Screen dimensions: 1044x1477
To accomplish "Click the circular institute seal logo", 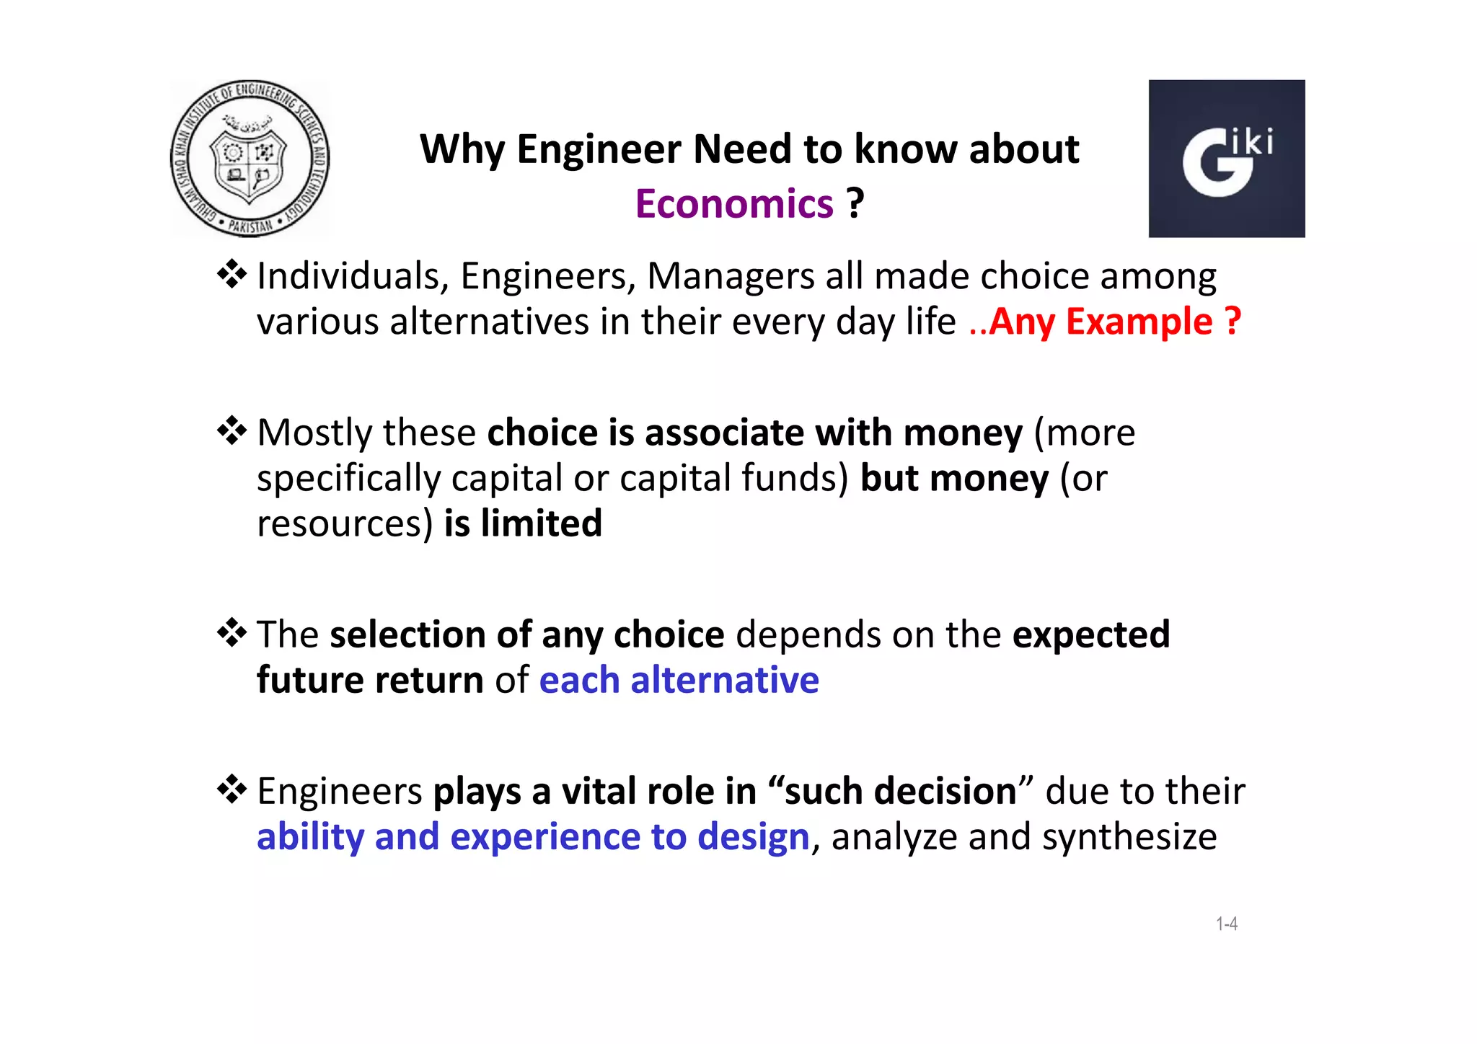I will click(250, 159).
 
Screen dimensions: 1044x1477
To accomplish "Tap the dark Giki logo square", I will click(1226, 159).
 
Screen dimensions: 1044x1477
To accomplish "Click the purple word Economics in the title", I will click(734, 204).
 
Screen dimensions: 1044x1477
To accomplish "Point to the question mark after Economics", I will click(855, 204).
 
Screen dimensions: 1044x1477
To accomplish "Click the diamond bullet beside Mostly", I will click(232, 430).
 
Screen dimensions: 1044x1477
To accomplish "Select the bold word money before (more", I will click(963, 433).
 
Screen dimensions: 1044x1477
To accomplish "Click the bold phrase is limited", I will click(523, 523).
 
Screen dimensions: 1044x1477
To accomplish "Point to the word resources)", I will click(345, 524).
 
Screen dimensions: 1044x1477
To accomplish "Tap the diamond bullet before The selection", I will click(232, 632).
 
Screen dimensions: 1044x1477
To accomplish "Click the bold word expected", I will click(1091, 635).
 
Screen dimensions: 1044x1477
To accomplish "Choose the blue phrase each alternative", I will click(679, 681).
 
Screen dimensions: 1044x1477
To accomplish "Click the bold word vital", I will click(599, 791).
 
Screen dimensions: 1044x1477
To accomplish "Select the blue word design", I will click(753, 837).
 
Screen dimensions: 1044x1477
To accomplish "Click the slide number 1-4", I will click(1227, 924).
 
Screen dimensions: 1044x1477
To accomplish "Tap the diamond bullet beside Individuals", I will click(232, 274).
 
